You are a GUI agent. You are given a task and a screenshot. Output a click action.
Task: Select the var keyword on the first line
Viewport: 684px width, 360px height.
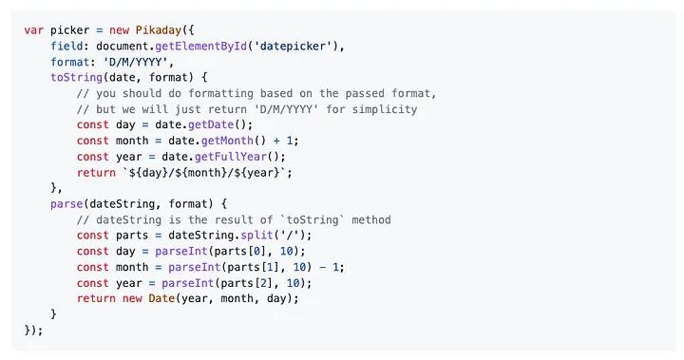[x=34, y=30]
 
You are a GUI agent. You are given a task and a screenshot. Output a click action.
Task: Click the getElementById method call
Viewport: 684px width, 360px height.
[x=189, y=47]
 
